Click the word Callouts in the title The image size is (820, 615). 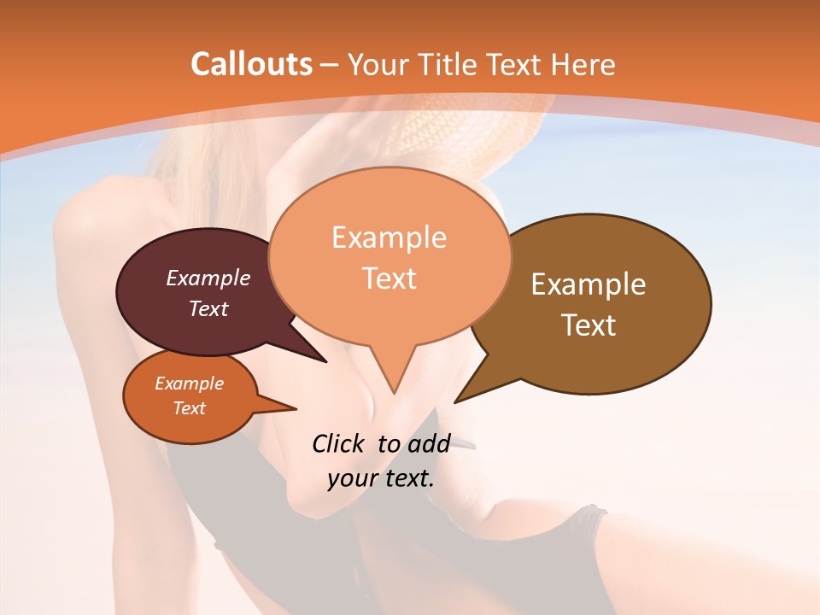pyautogui.click(x=251, y=64)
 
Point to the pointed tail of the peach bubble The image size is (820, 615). pyautogui.click(x=394, y=389)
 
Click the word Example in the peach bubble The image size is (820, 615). pyautogui.click(x=389, y=237)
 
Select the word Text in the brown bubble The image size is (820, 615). pyautogui.click(x=589, y=325)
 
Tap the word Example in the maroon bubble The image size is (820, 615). pyautogui.click(x=208, y=278)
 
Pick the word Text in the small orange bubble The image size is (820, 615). pyautogui.click(x=190, y=408)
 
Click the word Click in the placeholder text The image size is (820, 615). pyautogui.click(x=339, y=443)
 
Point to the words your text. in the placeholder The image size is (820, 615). pyautogui.click(x=381, y=478)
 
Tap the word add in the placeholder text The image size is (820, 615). pyautogui.click(x=430, y=443)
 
